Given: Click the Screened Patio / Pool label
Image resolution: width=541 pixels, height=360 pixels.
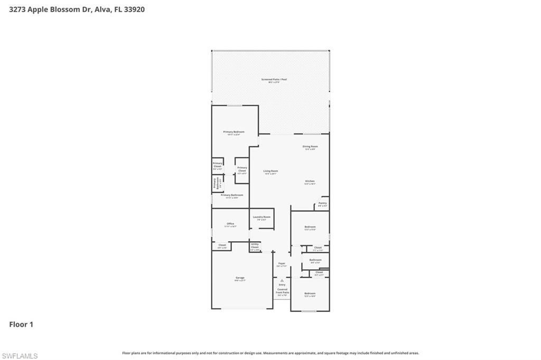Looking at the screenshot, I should pyautogui.click(x=274, y=80).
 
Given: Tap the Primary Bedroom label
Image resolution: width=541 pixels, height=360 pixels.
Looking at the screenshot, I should pyautogui.click(x=234, y=132).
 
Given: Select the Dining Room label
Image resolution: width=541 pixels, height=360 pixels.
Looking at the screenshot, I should pyautogui.click(x=310, y=147).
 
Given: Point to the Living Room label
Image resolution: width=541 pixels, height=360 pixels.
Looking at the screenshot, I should pyautogui.click(x=270, y=172).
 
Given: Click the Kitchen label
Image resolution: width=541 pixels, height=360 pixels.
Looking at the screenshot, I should pyautogui.click(x=310, y=182).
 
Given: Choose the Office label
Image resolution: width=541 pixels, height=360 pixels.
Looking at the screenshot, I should pyautogui.click(x=230, y=224).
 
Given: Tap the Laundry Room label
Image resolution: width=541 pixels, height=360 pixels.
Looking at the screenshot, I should pyautogui.click(x=262, y=218).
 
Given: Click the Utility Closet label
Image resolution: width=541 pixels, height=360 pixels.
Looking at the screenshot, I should pyautogui.click(x=255, y=246).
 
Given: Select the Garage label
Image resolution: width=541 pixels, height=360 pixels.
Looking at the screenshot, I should pyautogui.click(x=240, y=278).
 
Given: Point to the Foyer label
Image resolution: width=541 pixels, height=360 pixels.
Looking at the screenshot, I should pyautogui.click(x=282, y=264).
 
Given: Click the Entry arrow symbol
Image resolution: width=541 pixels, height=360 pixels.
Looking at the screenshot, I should pyautogui.click(x=282, y=281).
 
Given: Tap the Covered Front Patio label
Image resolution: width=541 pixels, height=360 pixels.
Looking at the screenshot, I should pyautogui.click(x=282, y=292).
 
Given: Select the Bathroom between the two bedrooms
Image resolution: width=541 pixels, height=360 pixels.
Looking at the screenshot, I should pyautogui.click(x=315, y=260).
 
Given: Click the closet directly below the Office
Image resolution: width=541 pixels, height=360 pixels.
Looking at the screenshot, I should pyautogui.click(x=222, y=246).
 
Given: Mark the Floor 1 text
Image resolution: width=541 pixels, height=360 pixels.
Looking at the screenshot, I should pyautogui.click(x=21, y=325).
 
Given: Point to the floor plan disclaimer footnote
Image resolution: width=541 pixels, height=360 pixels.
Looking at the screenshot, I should pyautogui.click(x=270, y=353).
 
